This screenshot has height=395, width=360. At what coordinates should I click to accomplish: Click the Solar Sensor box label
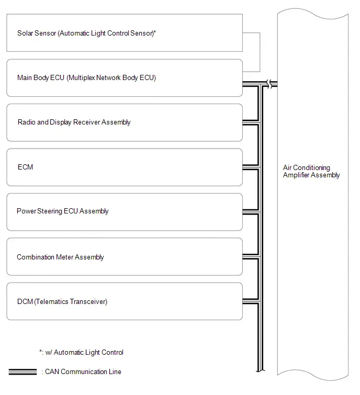(86, 33)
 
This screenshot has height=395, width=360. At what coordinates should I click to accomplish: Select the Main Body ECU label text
(86, 77)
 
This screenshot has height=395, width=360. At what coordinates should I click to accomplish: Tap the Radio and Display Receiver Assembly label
(74, 122)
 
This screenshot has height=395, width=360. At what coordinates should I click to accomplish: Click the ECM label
(25, 167)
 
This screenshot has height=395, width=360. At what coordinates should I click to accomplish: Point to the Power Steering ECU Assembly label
(62, 211)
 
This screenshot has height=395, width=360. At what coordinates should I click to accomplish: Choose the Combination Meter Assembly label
(60, 257)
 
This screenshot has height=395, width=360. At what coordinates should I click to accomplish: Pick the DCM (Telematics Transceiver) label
(62, 301)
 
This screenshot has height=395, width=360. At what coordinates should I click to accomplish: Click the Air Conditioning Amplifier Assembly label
(311, 171)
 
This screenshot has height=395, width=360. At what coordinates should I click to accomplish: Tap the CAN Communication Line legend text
(83, 371)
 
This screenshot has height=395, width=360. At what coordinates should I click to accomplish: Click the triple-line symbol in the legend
(22, 372)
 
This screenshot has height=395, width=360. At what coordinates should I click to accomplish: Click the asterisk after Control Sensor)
(155, 32)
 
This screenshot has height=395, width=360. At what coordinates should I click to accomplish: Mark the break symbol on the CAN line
(269, 84)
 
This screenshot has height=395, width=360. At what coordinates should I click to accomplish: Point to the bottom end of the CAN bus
(261, 371)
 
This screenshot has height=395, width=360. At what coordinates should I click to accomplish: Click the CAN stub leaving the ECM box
(251, 167)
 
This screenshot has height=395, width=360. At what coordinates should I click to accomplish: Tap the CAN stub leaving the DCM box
(251, 301)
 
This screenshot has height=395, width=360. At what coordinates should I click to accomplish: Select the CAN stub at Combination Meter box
(251, 256)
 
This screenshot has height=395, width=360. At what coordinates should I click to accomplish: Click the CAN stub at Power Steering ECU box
(251, 211)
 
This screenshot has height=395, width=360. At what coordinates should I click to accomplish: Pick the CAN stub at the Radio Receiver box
(251, 122)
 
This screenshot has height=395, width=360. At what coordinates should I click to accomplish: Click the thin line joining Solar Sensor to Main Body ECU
(260, 52)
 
